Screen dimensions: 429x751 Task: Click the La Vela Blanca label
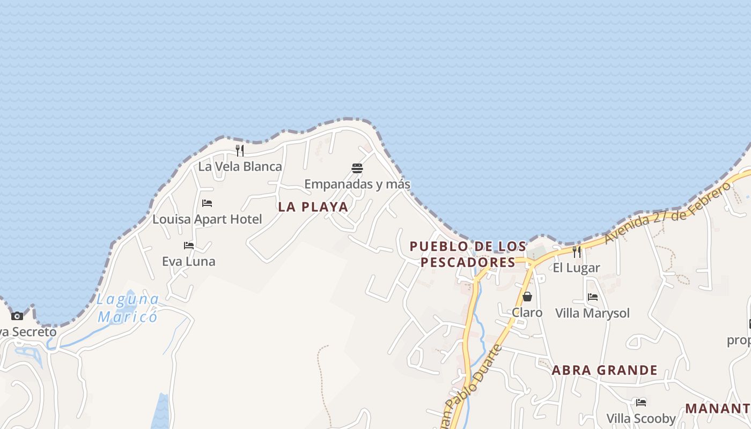point(240,166)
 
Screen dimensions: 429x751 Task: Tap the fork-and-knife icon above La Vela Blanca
point(240,151)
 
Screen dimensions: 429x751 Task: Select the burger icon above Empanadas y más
point(357,168)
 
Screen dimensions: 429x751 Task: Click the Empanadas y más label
point(357,184)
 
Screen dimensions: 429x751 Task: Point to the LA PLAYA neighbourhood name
point(313,207)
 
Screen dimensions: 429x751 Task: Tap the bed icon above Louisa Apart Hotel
point(207,203)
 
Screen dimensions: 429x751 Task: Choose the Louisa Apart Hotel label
point(207,219)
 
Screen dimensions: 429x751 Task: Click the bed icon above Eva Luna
point(189,246)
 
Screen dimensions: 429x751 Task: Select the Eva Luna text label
point(189,262)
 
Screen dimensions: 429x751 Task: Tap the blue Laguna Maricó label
point(128,308)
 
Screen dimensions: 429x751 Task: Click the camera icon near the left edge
point(17,316)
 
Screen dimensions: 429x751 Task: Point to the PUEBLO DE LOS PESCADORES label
point(468,254)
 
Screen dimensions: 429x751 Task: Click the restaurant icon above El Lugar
point(577,252)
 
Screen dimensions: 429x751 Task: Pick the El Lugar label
point(577,268)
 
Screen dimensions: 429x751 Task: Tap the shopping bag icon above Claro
point(527,297)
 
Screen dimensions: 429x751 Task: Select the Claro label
point(527,313)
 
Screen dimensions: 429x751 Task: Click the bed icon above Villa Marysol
point(593,297)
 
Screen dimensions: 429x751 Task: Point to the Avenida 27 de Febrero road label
point(668,213)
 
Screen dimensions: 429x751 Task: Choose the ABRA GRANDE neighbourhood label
point(605,370)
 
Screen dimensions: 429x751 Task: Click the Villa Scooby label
point(641,418)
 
